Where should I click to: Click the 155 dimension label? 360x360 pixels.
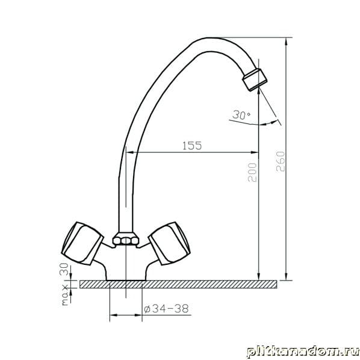pyautogui.click(x=192, y=145)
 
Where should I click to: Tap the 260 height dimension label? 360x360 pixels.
pyautogui.click(x=281, y=161)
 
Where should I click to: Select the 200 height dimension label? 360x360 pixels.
pyautogui.click(x=252, y=172)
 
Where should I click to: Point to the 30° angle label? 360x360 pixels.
pyautogui.click(x=241, y=115)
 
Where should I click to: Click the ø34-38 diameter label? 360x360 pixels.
pyautogui.click(x=166, y=309)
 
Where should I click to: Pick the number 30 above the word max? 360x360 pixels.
pyautogui.click(x=64, y=269)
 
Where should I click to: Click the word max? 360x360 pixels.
pyautogui.click(x=66, y=295)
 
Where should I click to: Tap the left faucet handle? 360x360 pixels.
pyautogui.click(x=82, y=243)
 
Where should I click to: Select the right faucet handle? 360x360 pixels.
pyautogui.click(x=169, y=243)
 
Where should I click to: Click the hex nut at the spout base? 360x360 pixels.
pyautogui.click(x=126, y=240)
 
